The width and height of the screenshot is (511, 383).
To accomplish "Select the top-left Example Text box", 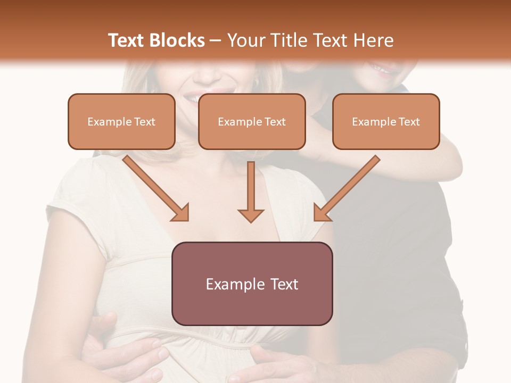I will [121, 122].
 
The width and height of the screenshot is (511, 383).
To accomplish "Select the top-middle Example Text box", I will [252, 122].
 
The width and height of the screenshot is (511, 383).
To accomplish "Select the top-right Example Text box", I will [386, 122].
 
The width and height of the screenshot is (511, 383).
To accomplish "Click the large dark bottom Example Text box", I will [252, 284].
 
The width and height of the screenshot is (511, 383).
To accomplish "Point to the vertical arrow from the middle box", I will [251, 191].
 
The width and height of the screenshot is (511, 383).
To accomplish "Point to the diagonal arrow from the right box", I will [347, 188].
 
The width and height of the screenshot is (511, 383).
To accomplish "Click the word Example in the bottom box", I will [232, 284].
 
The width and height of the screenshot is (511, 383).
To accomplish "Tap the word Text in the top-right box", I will [409, 122].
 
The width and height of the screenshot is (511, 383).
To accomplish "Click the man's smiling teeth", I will [379, 68].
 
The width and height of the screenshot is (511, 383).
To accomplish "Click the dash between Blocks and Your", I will [216, 40].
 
